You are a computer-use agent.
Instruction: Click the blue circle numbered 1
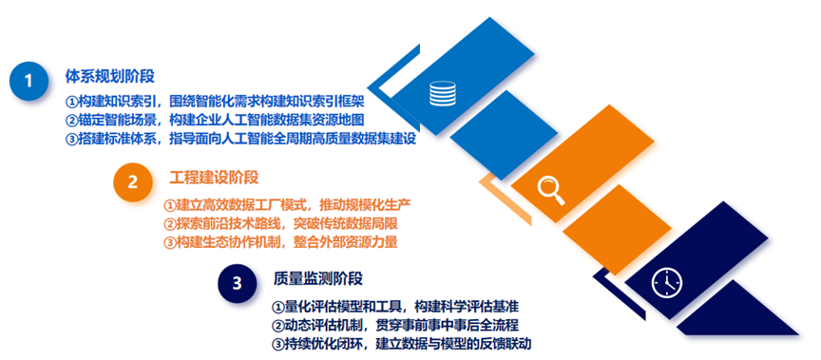(x=29, y=81)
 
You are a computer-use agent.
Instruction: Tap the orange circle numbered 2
(x=132, y=182)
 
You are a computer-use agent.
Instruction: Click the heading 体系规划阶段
(x=110, y=76)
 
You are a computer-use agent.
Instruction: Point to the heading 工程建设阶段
(x=214, y=178)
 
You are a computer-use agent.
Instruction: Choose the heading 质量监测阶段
(x=317, y=278)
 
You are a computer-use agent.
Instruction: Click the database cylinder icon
(x=443, y=93)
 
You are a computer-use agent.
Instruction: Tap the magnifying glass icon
(x=551, y=191)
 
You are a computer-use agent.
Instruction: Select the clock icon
(x=666, y=283)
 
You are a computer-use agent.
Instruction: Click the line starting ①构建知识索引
(x=215, y=101)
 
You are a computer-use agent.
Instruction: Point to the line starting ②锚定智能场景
(x=215, y=121)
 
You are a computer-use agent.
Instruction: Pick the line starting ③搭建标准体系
(x=240, y=141)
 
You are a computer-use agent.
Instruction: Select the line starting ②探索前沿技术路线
(x=280, y=223)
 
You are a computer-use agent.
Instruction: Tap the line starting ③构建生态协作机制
(x=280, y=242)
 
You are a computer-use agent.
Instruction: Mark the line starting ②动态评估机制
(x=395, y=325)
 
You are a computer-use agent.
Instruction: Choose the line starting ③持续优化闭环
(x=402, y=344)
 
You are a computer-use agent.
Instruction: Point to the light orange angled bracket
(x=506, y=199)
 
